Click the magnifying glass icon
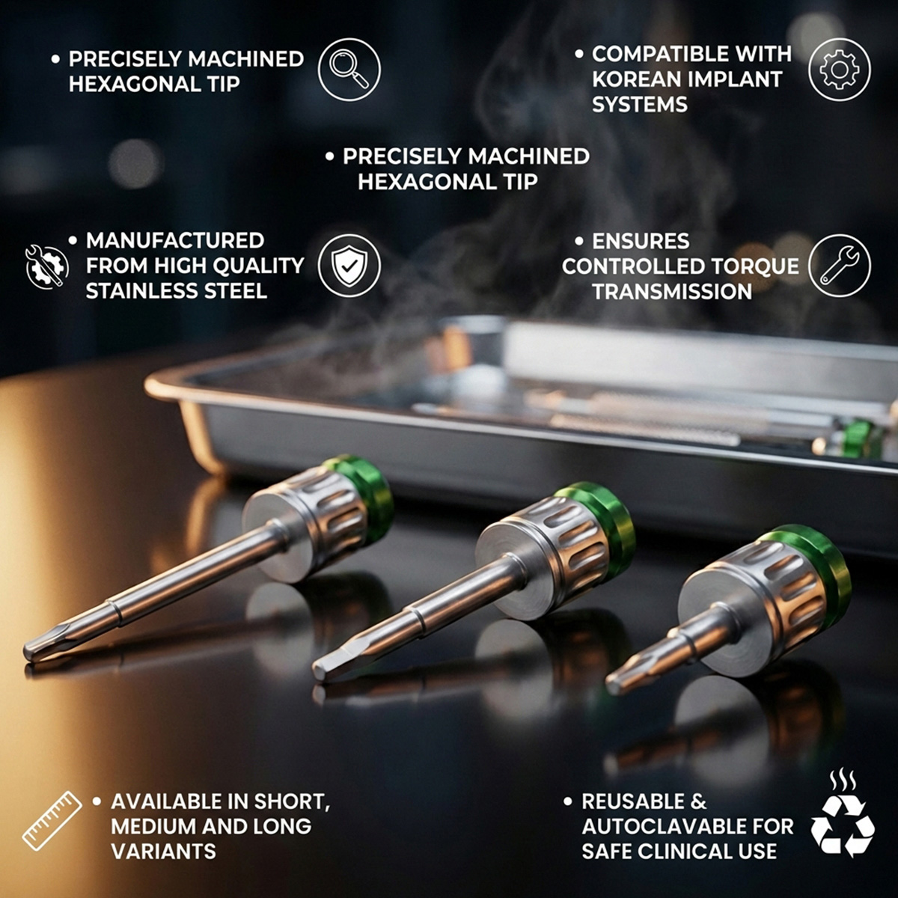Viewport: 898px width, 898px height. pos(349,70)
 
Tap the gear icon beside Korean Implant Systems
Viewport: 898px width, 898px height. pos(839,70)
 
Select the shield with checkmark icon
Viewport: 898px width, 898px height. pos(349,266)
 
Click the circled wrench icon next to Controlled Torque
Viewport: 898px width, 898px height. pos(839,266)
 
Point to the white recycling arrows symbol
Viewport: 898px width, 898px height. pos(843,825)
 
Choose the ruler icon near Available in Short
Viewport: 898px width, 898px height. pos(52,820)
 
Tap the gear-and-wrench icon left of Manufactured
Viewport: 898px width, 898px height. pos(46,266)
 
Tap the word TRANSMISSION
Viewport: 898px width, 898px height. pos(671,292)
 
